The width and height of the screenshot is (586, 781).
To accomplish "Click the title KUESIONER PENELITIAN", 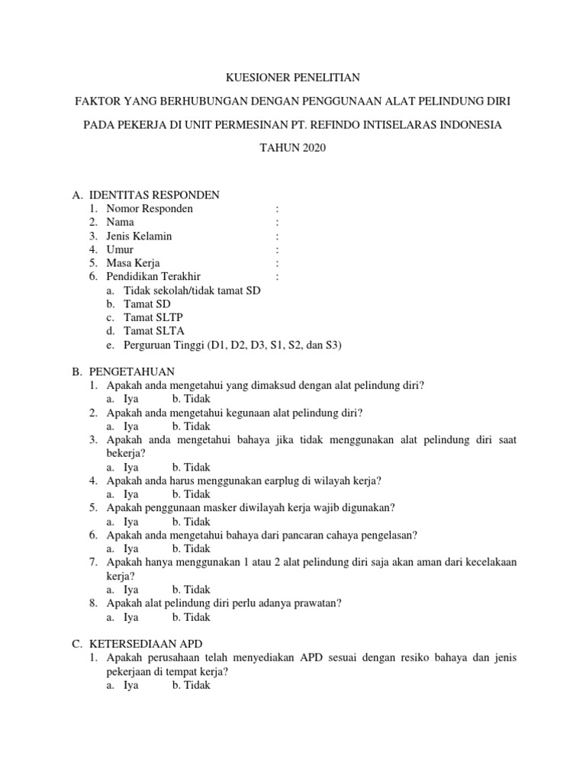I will pos(292,77).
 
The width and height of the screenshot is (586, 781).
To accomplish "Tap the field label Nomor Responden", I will pos(150,208).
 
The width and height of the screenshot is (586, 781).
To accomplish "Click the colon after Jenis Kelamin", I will pos(277,236).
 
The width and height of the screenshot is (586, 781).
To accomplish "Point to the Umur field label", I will pos(120,249).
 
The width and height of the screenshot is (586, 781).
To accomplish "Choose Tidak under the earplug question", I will pos(191,494).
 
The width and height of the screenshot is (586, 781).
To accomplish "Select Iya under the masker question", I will pos(130,522).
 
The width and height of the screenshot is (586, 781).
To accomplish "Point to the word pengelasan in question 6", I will pos(387,535).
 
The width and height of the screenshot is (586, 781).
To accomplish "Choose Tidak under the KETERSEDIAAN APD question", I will pos(191,685).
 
